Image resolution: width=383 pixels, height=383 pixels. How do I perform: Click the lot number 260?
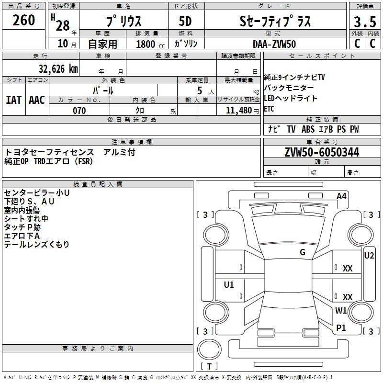[x=23, y=20]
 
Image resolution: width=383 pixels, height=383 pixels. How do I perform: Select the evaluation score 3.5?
[x=365, y=22]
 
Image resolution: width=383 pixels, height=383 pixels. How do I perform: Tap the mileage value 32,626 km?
[x=58, y=69]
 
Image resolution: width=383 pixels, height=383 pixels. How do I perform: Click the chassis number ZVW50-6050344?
[x=322, y=152]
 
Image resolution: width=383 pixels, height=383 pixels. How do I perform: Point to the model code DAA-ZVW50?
[x=274, y=44]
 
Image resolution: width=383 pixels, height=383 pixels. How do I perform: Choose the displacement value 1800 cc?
[x=150, y=44]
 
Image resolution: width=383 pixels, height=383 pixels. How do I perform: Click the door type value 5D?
[x=185, y=21]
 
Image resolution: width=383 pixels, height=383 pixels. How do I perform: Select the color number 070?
[x=79, y=111]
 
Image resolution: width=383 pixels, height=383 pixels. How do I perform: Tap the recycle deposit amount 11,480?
[x=239, y=111]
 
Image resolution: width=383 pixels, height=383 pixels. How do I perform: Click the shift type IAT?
[x=13, y=100]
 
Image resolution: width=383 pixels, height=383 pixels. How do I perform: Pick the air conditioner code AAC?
[x=37, y=100]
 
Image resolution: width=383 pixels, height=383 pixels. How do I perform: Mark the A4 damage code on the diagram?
[x=341, y=196]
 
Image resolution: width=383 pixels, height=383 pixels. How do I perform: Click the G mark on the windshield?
[x=303, y=252]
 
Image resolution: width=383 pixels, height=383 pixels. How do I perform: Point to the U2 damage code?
[x=369, y=256]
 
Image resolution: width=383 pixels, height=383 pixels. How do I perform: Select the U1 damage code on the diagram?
[x=229, y=284]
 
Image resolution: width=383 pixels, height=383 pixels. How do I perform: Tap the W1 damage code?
[x=341, y=310]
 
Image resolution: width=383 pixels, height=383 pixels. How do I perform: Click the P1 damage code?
[x=341, y=327]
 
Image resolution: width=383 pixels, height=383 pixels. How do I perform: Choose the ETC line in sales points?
[x=269, y=109]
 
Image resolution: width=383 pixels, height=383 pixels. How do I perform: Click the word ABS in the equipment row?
[x=308, y=129]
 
